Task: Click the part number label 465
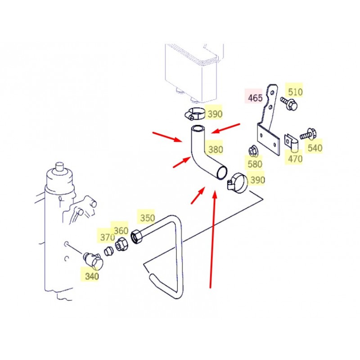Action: pos(255,98)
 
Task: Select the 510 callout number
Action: pos(295,92)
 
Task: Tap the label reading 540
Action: pos(315,148)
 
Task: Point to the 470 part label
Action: pos(295,159)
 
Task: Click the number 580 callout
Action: pos(255,164)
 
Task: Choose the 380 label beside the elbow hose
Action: pos(216,150)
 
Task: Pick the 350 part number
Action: pos(148,218)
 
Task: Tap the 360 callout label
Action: pos(121,230)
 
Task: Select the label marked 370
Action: pos(108,237)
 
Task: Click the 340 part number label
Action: pos(92,276)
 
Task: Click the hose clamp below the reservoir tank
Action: pos(194,114)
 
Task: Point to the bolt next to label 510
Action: pos(289,103)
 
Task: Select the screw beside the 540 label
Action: pos(307,134)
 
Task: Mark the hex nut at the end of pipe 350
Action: pos(137,237)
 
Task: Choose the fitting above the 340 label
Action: pos(93,261)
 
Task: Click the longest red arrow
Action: pos(212,239)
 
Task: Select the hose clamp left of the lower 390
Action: pos(238,183)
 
